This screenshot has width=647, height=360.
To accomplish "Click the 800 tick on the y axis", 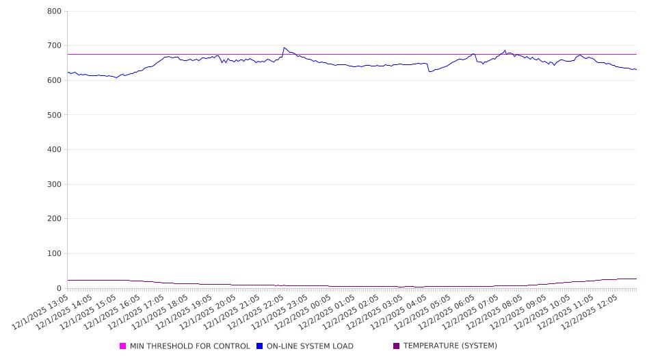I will point(55,12).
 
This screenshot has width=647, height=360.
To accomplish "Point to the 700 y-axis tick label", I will point(55,46).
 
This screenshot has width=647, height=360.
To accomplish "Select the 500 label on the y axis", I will point(55,115).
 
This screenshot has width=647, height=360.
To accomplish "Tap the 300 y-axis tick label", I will point(55,184).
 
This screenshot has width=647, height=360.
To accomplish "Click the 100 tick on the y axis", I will point(55,254).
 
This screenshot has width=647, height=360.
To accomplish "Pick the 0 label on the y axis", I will point(60,288).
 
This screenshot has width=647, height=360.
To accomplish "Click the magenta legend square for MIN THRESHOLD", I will point(123,346).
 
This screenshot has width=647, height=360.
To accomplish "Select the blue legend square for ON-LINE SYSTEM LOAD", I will point(260,346).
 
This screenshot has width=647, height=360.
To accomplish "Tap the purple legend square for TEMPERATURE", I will point(397,346).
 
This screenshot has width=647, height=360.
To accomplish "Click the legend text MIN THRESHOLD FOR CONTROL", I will point(190,346).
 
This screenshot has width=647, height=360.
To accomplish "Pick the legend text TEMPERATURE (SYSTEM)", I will point(450,346).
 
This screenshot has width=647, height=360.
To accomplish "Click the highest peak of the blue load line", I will point(284,48).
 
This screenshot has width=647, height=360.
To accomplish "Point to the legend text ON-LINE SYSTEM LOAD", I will point(310,346).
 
